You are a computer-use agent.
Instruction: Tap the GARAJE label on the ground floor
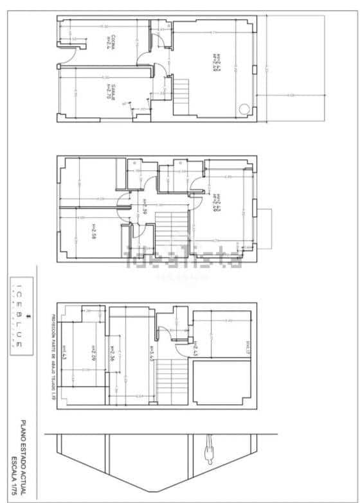111,91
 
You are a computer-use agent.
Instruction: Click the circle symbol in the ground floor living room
244,109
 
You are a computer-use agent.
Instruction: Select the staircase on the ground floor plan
181,87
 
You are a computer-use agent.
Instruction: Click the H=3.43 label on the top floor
151,355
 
